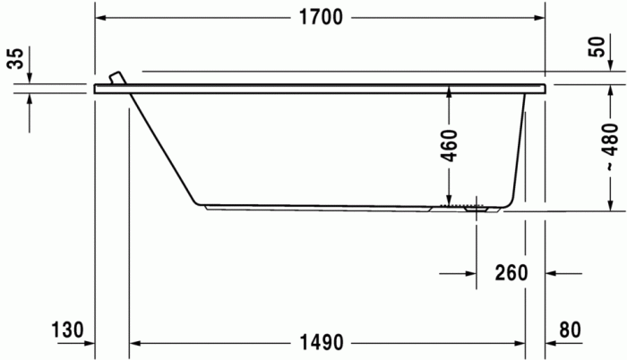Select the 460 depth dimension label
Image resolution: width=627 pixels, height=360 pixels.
click(x=450, y=146)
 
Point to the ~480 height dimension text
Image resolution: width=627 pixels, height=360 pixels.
click(x=608, y=146)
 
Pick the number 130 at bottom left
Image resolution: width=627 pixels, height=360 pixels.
click(x=69, y=330)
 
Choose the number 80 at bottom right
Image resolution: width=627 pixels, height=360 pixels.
click(x=570, y=330)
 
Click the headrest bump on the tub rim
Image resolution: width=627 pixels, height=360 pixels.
click(x=115, y=78)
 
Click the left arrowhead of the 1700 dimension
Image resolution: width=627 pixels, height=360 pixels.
click(x=100, y=19)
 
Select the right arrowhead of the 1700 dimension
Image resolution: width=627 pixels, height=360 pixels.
click(x=540, y=19)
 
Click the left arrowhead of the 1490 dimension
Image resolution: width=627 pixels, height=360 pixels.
click(x=136, y=343)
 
